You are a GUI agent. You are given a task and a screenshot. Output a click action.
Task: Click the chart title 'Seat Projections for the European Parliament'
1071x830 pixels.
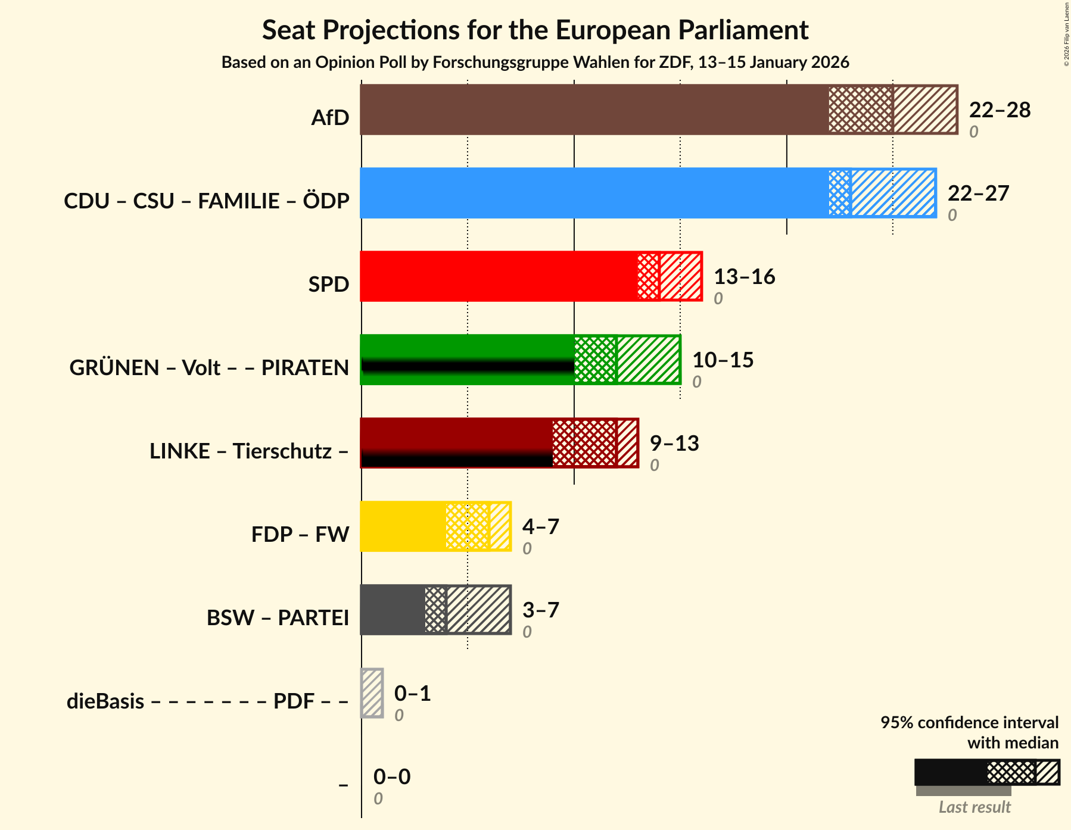535,30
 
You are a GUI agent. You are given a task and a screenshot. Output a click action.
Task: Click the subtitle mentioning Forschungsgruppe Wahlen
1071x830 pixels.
535,63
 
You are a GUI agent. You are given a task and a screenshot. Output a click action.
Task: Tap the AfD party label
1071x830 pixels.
330,118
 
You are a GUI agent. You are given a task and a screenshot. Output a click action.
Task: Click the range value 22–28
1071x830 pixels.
1000,110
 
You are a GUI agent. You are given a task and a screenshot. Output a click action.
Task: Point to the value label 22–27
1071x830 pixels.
978,194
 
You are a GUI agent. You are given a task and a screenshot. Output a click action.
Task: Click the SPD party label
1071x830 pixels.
328,285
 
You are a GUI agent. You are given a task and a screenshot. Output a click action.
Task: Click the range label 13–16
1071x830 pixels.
744,277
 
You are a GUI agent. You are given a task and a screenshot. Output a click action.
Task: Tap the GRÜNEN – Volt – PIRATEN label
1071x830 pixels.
209,368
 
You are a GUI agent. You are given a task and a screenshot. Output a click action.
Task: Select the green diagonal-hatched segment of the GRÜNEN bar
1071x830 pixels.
648,360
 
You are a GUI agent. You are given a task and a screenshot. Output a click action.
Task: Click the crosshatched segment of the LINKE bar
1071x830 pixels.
584,443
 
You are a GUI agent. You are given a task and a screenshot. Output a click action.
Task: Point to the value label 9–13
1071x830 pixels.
674,444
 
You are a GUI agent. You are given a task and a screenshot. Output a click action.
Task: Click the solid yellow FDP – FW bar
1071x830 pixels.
403,526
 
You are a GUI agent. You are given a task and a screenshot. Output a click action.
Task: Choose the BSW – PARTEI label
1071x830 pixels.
278,618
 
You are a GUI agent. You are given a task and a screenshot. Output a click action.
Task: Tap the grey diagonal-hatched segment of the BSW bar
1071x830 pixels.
478,610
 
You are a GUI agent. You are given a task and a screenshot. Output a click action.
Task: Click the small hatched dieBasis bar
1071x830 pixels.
372,693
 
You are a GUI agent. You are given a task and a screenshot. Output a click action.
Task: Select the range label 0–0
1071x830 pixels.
391,777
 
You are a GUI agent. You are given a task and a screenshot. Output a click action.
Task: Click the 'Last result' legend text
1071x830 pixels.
975,807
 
